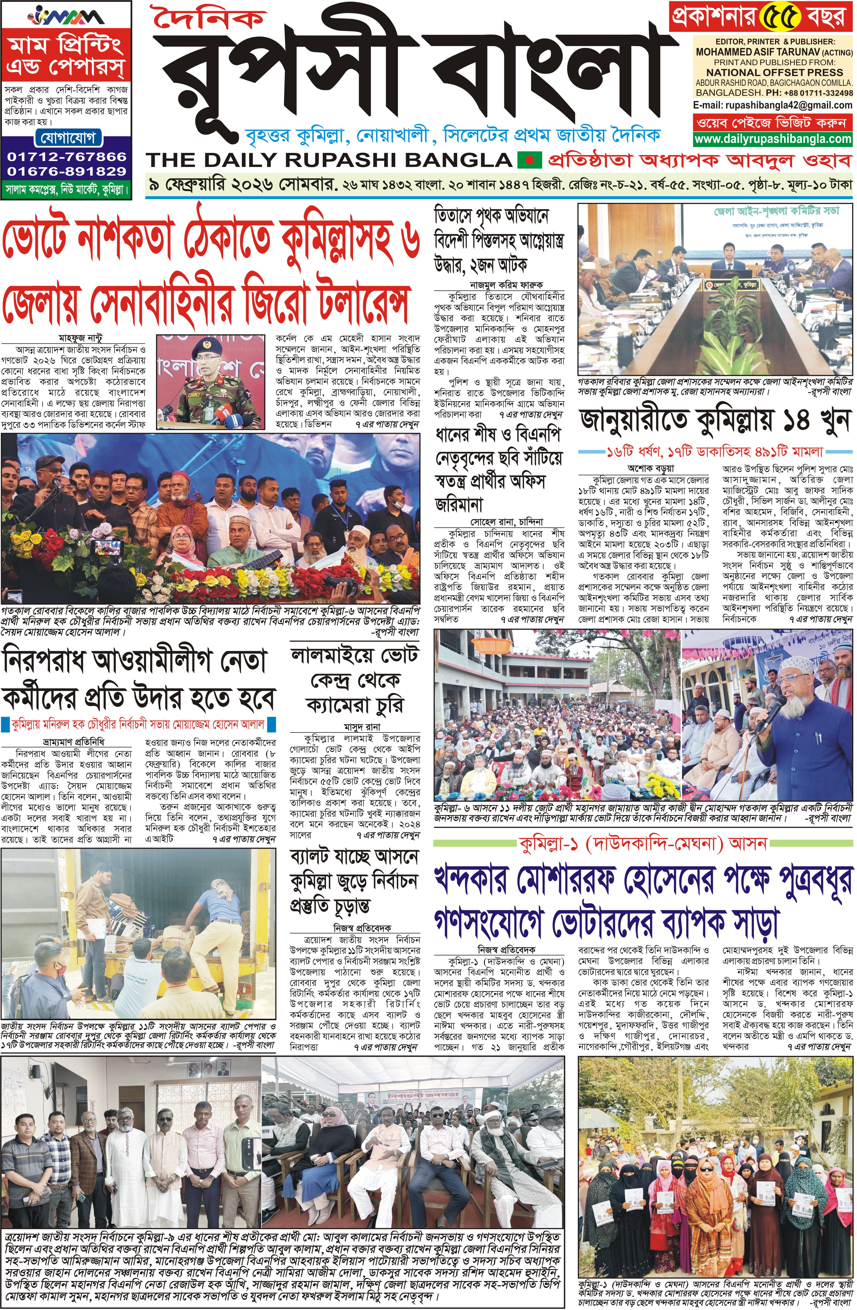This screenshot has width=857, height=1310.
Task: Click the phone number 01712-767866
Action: point(67,156)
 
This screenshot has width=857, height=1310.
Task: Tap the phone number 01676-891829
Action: point(67,171)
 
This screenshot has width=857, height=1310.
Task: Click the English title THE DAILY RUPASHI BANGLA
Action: point(329,160)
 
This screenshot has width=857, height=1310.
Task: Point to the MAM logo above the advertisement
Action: point(67,15)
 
